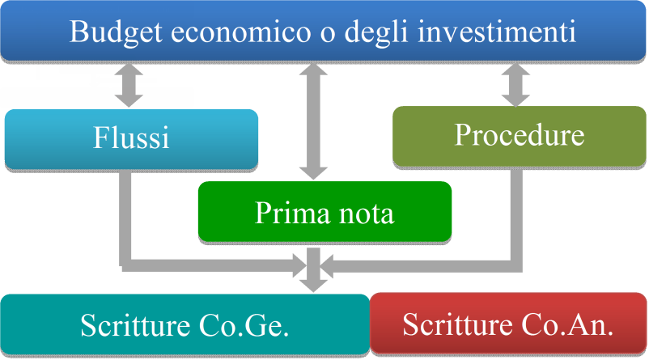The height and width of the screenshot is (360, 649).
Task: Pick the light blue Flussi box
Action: click(x=131, y=139)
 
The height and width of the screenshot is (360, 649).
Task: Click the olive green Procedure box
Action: click(x=519, y=135)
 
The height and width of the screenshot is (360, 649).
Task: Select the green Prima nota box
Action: click(x=324, y=213)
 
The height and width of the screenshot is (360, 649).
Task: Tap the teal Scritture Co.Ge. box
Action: click(x=185, y=325)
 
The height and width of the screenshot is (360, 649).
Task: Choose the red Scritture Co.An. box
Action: click(x=508, y=325)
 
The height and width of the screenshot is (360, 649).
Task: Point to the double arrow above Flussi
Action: click(x=129, y=86)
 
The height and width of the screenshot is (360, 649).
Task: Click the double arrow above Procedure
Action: click(x=513, y=84)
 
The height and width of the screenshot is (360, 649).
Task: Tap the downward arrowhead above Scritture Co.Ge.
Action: click(x=314, y=282)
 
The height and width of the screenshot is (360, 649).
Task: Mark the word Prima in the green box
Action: click(x=284, y=214)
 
